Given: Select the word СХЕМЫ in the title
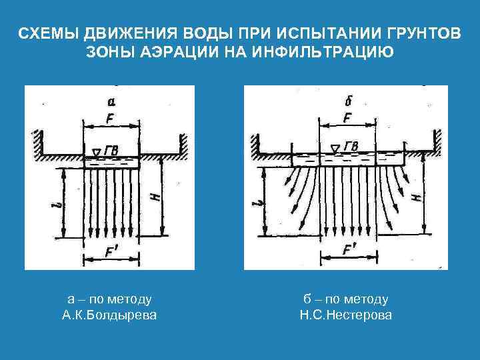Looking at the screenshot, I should tap(49, 34).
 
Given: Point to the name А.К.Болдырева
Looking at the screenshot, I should tap(109, 314).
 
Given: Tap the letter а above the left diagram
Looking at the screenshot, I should tap(111, 101).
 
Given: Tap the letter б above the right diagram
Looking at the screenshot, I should tap(349, 101).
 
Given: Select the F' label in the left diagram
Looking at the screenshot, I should tap(111, 251).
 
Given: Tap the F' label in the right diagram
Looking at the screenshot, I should tap(348, 251).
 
